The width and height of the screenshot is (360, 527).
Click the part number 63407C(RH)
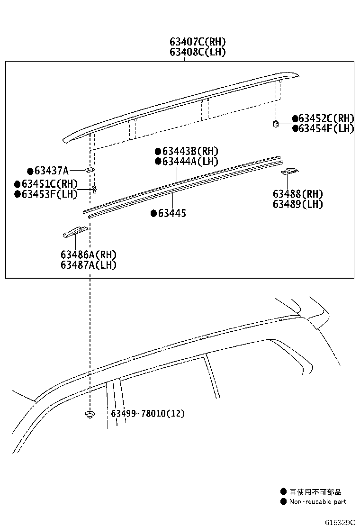(198, 42)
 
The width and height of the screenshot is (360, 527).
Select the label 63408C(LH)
(198, 52)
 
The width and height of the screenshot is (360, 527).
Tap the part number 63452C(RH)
(326, 118)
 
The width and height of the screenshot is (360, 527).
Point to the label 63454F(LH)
(326, 128)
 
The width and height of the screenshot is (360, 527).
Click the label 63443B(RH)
(190, 151)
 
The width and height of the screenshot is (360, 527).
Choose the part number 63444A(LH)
(190, 161)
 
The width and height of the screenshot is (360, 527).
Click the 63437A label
(51, 171)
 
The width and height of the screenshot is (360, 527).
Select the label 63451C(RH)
(49, 184)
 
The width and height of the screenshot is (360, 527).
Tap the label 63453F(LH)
(49, 194)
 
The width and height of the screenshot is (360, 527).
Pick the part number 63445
(172, 213)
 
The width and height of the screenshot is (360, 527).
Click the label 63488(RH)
(297, 194)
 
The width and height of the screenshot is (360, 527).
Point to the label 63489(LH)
(297, 204)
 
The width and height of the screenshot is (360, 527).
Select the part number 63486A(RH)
(88, 254)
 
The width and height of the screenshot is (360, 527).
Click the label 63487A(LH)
(88, 265)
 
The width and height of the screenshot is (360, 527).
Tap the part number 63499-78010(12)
(148, 414)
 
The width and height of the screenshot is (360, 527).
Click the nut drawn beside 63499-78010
(89, 415)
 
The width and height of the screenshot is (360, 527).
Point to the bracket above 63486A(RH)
(75, 232)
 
